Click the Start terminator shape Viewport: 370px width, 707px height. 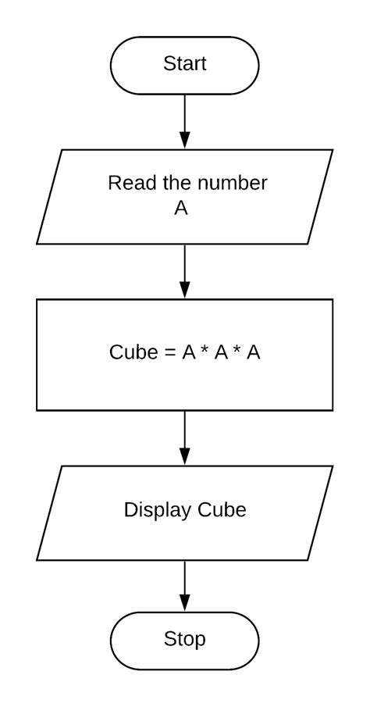pyautogui.click(x=185, y=64)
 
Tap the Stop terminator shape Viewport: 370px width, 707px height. pyautogui.click(x=185, y=640)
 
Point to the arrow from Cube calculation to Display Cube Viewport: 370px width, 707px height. pyautogui.click(x=185, y=437)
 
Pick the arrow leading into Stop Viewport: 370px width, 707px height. pyautogui.click(x=185, y=585)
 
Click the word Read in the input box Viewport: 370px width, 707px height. pyautogui.click(x=126, y=184)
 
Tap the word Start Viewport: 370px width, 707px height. pyautogui.click(x=185, y=64)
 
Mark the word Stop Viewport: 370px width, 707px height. pyautogui.click(x=185, y=640)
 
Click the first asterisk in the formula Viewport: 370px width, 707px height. pyautogui.click(x=205, y=351)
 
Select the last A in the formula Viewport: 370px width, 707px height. pyautogui.click(x=254, y=352)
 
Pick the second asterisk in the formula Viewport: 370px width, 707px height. pyautogui.click(x=237, y=351)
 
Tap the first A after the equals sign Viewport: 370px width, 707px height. pyautogui.click(x=188, y=352)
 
